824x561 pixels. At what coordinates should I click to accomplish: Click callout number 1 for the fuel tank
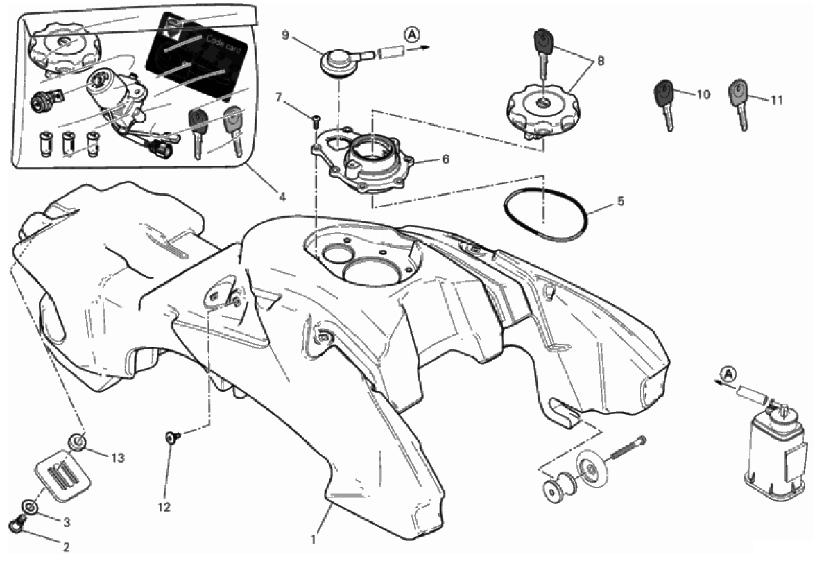coord(314,540)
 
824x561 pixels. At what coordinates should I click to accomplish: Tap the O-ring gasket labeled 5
coord(545,214)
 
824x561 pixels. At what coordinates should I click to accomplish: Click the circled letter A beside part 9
coord(412,35)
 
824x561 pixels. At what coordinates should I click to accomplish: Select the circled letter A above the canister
coord(728,374)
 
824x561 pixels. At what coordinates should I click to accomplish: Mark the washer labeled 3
coord(29,507)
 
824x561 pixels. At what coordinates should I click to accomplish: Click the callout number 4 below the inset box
coord(282,198)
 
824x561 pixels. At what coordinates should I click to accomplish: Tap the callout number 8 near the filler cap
coord(601,61)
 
